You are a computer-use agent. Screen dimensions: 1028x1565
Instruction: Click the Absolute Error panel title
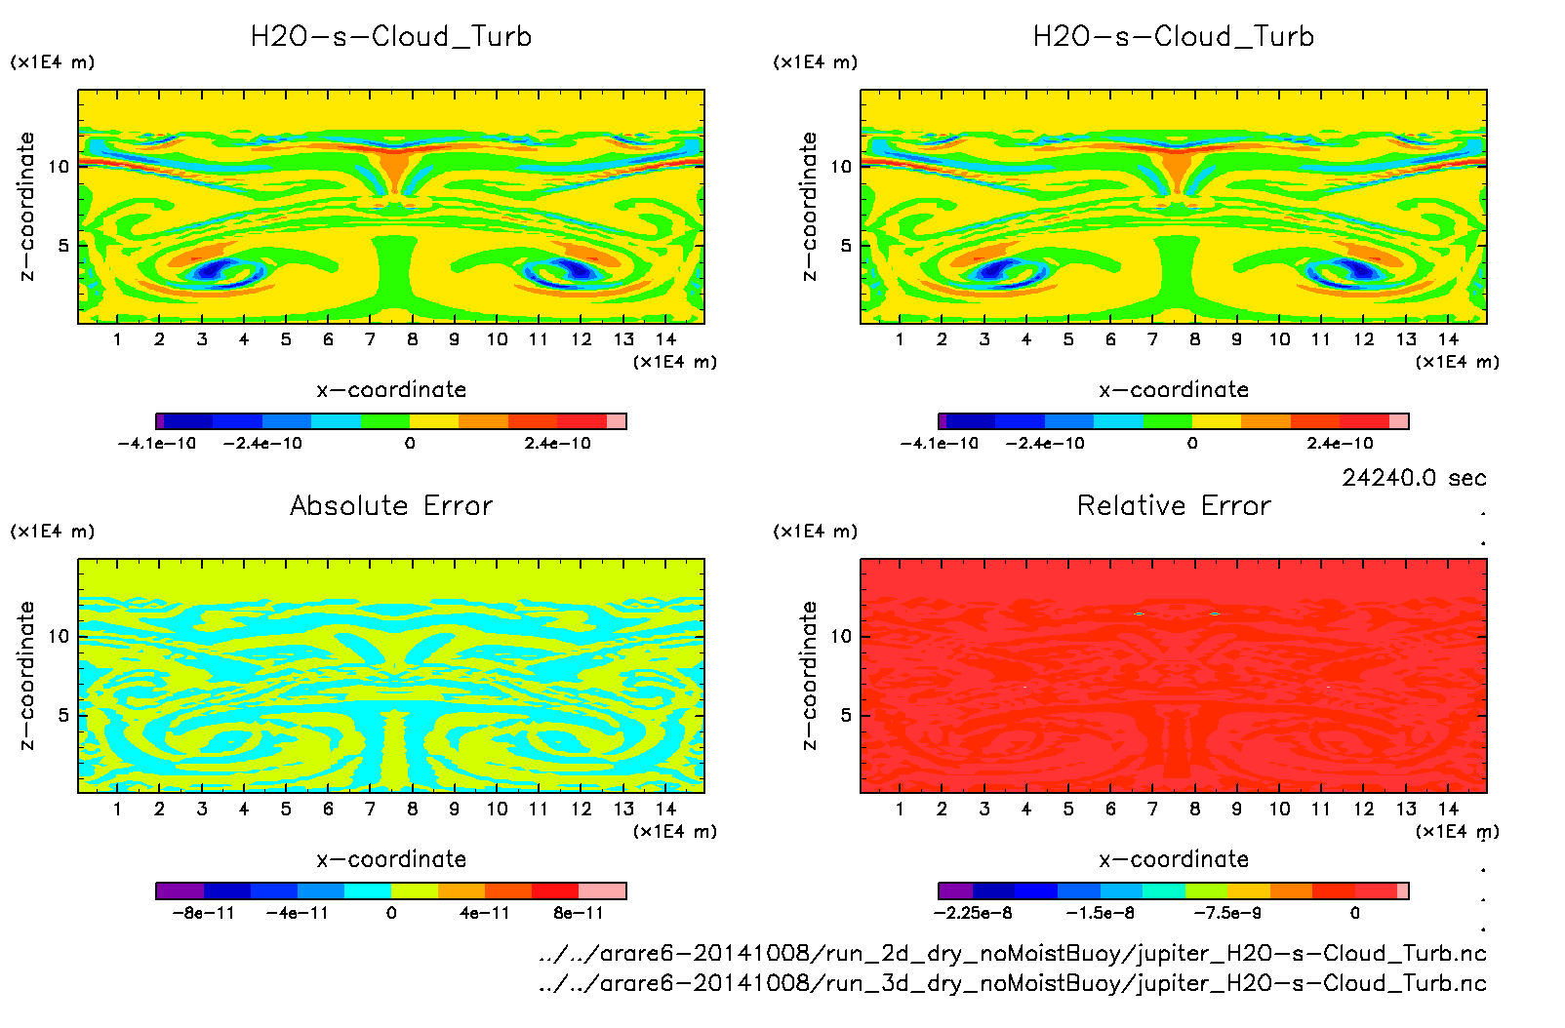[391, 505]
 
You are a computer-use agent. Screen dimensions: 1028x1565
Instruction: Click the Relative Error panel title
[1174, 505]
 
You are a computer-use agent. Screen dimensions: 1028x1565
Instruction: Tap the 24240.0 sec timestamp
[1414, 478]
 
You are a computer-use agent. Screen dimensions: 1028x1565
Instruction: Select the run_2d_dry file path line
[1012, 953]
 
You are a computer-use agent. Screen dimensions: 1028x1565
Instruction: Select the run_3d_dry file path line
[1012, 983]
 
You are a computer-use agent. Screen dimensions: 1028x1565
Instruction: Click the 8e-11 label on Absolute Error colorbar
[579, 914]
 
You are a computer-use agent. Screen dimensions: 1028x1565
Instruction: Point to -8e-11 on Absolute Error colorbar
[203, 914]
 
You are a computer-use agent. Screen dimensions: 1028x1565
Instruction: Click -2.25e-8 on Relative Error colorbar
[973, 914]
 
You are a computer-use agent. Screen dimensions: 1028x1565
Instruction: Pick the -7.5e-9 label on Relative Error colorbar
[1227, 914]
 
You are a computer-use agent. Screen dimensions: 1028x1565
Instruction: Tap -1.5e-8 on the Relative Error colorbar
[1100, 914]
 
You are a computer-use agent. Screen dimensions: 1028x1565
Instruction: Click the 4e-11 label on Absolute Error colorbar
[485, 914]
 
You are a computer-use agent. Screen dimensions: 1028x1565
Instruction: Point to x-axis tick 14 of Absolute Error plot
[665, 809]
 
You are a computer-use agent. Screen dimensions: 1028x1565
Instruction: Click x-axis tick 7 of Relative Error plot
[1152, 809]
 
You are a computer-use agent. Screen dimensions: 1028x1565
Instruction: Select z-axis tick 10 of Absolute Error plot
[60, 637]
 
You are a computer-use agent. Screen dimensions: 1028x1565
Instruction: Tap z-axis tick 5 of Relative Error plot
[845, 715]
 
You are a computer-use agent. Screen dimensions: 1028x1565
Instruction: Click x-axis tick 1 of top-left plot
[117, 339]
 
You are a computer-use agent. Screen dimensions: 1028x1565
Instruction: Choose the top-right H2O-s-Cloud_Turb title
[1174, 37]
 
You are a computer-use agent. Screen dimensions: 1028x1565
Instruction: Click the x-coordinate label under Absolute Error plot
[391, 859]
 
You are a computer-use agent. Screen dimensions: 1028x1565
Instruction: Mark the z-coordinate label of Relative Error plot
[809, 675]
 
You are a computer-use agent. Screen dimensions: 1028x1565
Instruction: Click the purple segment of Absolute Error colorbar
[180, 890]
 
